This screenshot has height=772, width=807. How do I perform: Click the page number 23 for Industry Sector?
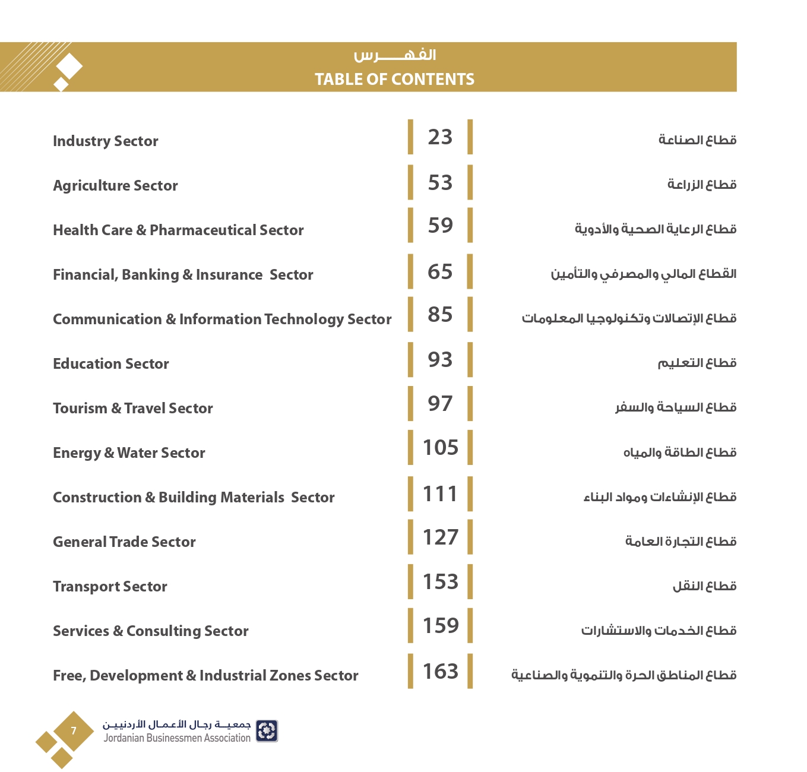pyautogui.click(x=440, y=137)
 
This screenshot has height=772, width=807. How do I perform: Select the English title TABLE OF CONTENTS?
pyautogui.click(x=394, y=79)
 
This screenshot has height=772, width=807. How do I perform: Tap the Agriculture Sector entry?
pyautogui.click(x=115, y=186)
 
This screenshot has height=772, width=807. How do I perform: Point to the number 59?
pyautogui.click(x=440, y=226)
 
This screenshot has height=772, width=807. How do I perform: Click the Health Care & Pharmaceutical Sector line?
pyautogui.click(x=178, y=230)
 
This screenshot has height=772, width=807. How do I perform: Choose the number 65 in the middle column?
pyautogui.click(x=440, y=272)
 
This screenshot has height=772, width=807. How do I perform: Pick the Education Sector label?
pyautogui.click(x=111, y=364)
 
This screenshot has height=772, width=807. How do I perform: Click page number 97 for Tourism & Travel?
pyautogui.click(x=440, y=404)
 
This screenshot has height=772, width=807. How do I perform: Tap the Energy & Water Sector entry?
pyautogui.click(x=129, y=453)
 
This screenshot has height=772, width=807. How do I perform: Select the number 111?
pyautogui.click(x=440, y=494)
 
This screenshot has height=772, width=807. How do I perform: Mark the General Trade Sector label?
pyautogui.click(x=124, y=542)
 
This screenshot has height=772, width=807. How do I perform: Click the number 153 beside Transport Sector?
pyautogui.click(x=440, y=582)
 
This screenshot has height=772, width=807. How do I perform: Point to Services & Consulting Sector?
pyautogui.click(x=151, y=631)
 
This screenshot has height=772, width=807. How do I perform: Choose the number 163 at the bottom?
pyautogui.click(x=440, y=672)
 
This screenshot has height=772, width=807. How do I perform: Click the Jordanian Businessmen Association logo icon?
pyautogui.click(x=267, y=731)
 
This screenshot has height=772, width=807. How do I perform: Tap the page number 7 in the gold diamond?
pyautogui.click(x=74, y=731)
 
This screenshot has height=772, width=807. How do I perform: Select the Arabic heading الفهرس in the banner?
pyautogui.click(x=395, y=55)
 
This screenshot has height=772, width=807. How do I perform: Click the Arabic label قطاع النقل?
pyautogui.click(x=704, y=586)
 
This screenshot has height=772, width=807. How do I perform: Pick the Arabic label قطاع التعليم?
pyautogui.click(x=697, y=363)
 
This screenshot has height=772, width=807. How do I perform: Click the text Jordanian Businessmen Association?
pyautogui.click(x=177, y=738)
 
